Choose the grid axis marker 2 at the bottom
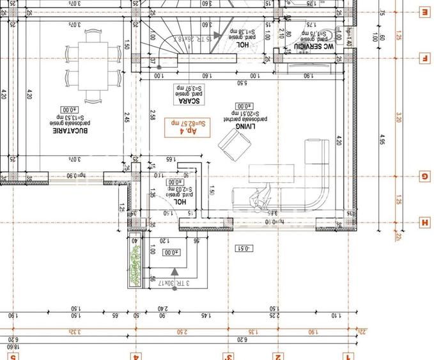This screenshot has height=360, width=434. [x=277, y=356]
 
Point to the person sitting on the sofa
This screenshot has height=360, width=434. [x=259, y=199]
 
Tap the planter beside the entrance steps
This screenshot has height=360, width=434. [x=134, y=262]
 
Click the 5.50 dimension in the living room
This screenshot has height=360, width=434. [x=242, y=83]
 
